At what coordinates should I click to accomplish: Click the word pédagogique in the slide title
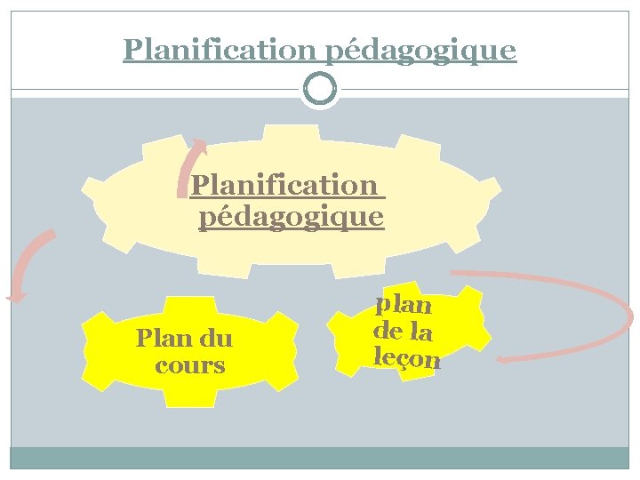tap(421, 51)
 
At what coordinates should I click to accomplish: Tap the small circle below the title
tap(320, 89)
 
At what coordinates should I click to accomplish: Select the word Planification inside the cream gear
tap(284, 185)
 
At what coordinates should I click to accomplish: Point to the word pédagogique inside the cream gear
tap(292, 216)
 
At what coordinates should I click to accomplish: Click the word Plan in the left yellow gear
tap(157, 339)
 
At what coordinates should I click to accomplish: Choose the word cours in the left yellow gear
tap(189, 365)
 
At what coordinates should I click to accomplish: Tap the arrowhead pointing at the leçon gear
tap(503, 360)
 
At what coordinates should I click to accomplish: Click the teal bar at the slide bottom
tap(320, 458)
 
